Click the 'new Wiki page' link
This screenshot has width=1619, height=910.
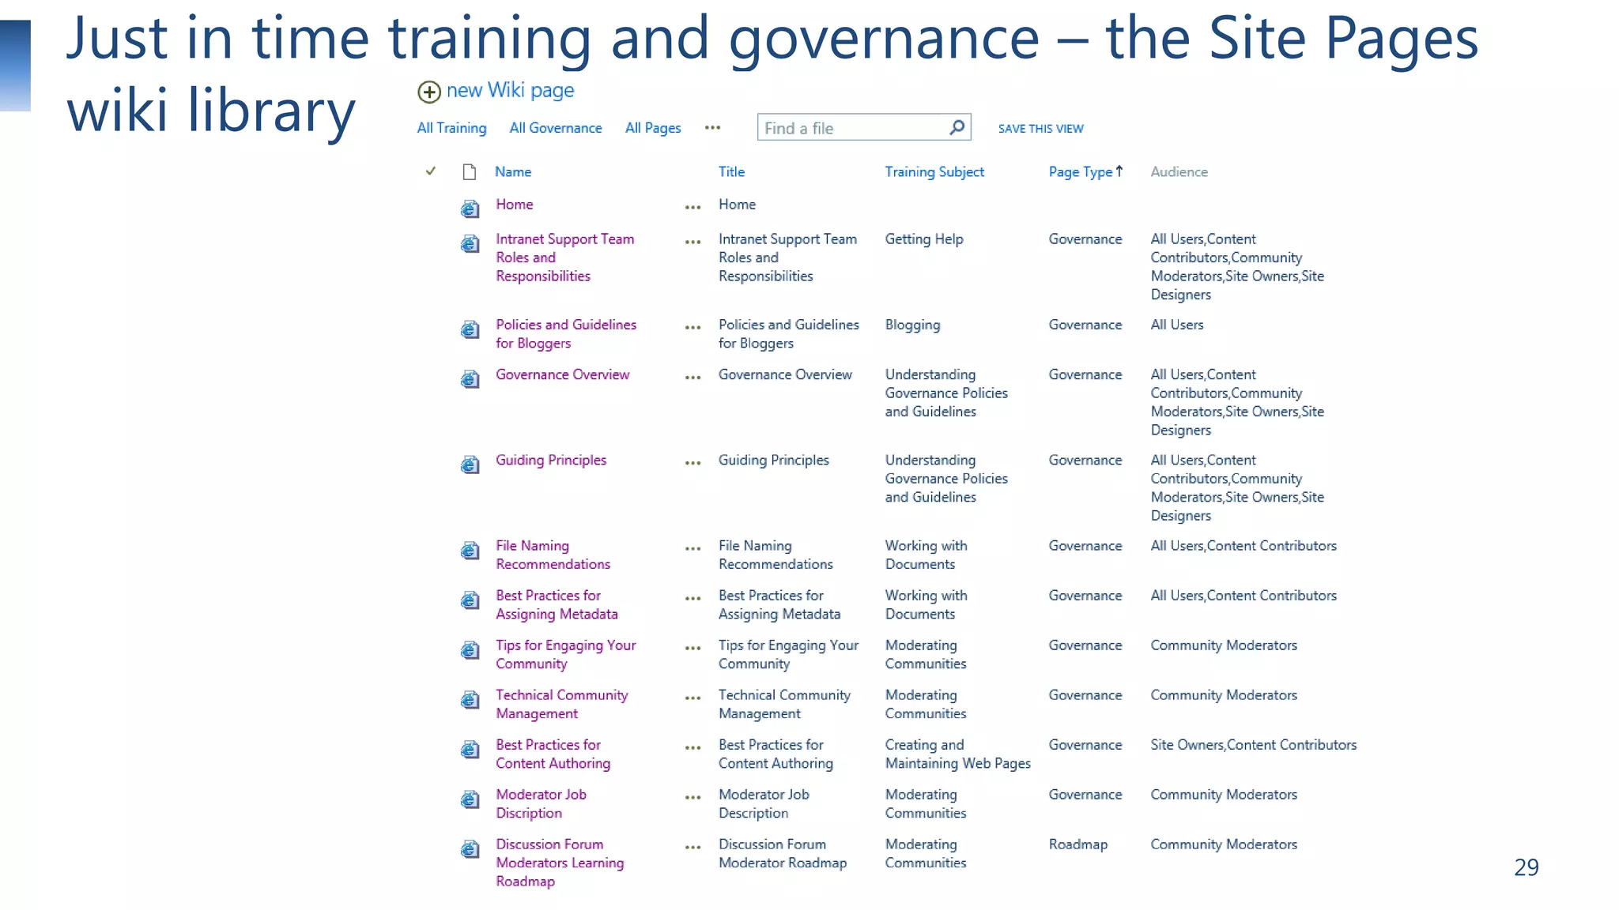[x=509, y=91]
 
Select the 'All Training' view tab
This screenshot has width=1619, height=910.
[x=451, y=128]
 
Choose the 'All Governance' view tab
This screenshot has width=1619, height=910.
[x=555, y=128]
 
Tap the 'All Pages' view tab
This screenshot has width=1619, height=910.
[x=652, y=128]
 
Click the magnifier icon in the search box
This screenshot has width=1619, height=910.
[x=957, y=127]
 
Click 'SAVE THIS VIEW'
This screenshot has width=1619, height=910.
[x=1040, y=129]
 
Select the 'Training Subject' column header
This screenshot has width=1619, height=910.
[x=934, y=172]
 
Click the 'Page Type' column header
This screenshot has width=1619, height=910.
[x=1080, y=172]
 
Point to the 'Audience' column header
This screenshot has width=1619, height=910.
[x=1179, y=172]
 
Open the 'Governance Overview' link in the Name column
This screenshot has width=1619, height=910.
[x=562, y=374]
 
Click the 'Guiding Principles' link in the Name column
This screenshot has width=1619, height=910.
[x=550, y=460]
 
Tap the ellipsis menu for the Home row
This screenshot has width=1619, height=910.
[x=693, y=208]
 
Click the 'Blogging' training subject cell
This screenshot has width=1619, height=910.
[x=912, y=325]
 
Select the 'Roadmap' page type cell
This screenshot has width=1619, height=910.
[x=1077, y=844]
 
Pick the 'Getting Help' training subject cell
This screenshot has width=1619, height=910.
[x=923, y=239]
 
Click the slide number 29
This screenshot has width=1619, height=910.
[x=1526, y=867]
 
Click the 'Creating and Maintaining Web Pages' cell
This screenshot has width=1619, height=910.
[x=957, y=754]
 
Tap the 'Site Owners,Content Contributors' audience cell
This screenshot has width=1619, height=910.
[x=1253, y=745]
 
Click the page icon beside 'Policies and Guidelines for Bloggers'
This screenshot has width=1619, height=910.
[x=470, y=329]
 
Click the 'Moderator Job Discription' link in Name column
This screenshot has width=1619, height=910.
[x=541, y=803]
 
